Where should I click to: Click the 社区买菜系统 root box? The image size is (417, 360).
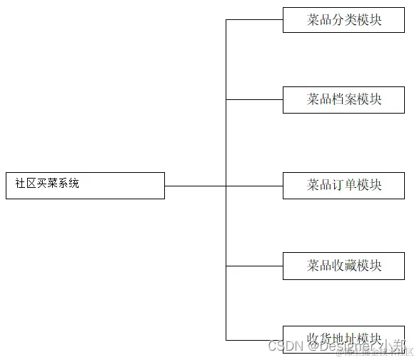pos(85,185)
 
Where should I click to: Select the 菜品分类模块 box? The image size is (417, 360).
pos(343,20)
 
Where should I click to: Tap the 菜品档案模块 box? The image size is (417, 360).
pos(343,99)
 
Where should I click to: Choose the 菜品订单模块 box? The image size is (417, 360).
pos(343,185)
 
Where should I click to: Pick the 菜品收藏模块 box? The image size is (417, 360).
pos(343,266)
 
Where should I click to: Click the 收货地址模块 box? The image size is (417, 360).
pos(343,339)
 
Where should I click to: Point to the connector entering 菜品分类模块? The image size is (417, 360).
pos(254,20)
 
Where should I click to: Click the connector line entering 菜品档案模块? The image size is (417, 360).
pos(254,99)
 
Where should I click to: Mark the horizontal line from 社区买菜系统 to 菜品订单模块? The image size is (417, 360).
pos(214,186)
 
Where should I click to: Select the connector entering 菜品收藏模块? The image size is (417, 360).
pos(254,266)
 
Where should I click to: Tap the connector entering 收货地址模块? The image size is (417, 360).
pos(254,340)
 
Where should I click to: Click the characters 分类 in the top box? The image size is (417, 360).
pos(344,20)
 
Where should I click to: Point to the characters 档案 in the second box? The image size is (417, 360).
pos(344,99)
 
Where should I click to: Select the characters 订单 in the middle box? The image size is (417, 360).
pos(344,185)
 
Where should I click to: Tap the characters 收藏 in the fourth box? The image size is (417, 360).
pos(344,266)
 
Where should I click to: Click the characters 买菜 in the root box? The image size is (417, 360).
pos(47,184)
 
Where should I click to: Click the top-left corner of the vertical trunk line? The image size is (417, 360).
pos(226,20)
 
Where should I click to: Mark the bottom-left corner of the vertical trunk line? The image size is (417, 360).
pos(226,340)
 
